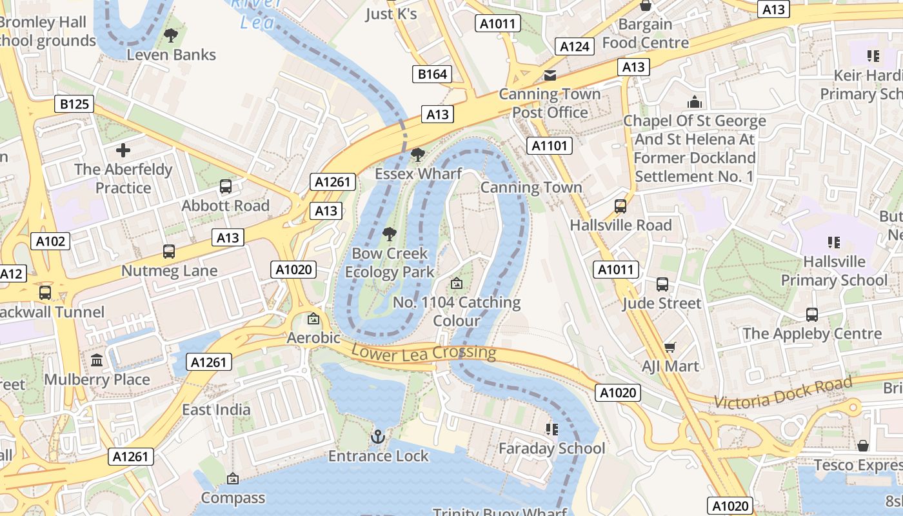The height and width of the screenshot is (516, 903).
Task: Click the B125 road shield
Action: coord(74,104)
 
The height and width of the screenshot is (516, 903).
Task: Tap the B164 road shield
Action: coord(432,74)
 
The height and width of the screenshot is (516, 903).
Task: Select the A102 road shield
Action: coord(50,241)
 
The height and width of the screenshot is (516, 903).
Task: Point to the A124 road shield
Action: coord(575,46)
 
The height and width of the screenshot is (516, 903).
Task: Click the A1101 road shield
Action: coord(550,146)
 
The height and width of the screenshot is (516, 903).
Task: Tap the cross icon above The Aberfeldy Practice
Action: coord(123,151)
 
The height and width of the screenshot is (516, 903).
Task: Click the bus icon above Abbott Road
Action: coord(225,186)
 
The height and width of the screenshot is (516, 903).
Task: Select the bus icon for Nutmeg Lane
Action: coord(169,252)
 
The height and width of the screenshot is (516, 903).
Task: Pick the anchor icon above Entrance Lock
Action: coord(378,437)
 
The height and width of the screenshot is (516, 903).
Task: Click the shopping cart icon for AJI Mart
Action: coord(670,348)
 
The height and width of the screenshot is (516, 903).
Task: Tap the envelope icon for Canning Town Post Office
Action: coord(550,75)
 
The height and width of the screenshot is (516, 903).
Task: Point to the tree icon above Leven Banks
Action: coord(171,35)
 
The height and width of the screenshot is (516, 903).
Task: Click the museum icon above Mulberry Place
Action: coord(97,360)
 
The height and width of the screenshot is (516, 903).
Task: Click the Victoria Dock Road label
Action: coord(783,393)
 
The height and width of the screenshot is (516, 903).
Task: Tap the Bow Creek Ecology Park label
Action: coord(390,263)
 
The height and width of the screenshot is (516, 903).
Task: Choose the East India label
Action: coord(216,410)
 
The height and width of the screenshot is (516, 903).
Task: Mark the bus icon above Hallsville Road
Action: coord(620,206)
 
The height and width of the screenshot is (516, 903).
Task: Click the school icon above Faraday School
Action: coord(551,429)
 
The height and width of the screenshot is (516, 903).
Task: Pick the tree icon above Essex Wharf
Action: coord(418,155)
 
